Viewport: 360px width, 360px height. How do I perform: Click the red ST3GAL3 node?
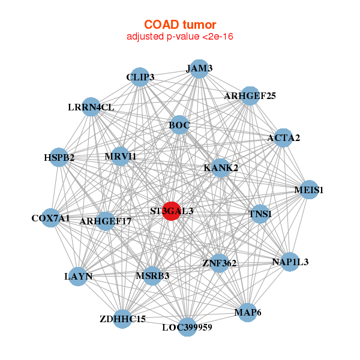pyautogui.click(x=172, y=211)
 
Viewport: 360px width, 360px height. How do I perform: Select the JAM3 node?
pyautogui.click(x=199, y=68)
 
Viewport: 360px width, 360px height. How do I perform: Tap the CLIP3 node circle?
pyautogui.click(x=140, y=77)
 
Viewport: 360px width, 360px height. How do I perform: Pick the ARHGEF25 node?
pyautogui.click(x=250, y=96)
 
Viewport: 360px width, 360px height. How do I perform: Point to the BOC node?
pyautogui.click(x=179, y=125)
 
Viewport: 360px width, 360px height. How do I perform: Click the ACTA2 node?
pyautogui.click(x=283, y=138)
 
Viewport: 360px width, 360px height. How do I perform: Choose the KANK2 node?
pyautogui.click(x=221, y=168)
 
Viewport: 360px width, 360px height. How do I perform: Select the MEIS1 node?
pyautogui.click(x=309, y=190)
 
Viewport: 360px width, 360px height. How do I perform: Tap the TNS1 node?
pyautogui.click(x=260, y=214)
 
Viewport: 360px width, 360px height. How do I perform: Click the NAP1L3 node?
pyautogui.click(x=290, y=262)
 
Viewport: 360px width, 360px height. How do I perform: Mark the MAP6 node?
pyautogui.click(x=247, y=313)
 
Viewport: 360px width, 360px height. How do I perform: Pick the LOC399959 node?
pyautogui.click(x=188, y=327)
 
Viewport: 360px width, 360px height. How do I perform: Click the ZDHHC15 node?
pyautogui.click(x=122, y=319)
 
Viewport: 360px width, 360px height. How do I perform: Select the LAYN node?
pyautogui.click(x=78, y=277)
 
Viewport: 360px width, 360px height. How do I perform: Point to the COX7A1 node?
pyautogui.click(x=51, y=218)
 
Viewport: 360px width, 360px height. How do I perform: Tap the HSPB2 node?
pyautogui.click(x=59, y=157)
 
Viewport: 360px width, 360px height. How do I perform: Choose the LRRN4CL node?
pyautogui.click(x=91, y=107)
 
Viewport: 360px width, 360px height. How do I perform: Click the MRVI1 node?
pyautogui.click(x=121, y=156)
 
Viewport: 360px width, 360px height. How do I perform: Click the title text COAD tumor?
pyautogui.click(x=180, y=25)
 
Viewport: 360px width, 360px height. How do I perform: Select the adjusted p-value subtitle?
pyautogui.click(x=180, y=37)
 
